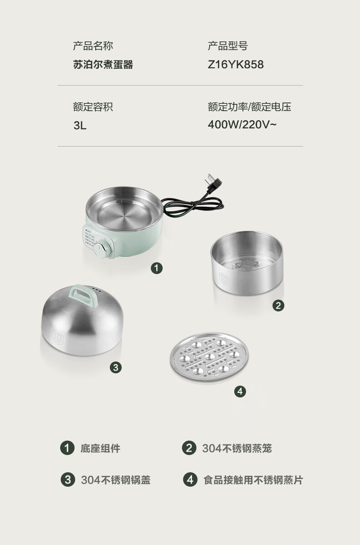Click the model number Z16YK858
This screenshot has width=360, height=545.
point(236,64)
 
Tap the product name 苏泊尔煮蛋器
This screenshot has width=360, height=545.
point(103,64)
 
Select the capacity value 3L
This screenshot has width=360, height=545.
point(80,125)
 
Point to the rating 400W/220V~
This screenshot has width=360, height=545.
point(242,124)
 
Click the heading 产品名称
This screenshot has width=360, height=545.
point(93,46)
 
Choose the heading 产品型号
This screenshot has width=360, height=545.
point(227,46)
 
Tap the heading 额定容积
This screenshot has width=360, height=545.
point(93,107)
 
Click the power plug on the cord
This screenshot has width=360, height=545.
point(212,183)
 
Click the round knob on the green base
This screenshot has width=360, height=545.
point(102,249)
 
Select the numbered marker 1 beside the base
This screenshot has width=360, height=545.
point(156,268)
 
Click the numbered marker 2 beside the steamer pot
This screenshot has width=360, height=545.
point(278,306)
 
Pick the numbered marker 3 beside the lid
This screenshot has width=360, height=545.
point(116,367)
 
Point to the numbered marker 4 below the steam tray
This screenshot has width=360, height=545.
point(240,392)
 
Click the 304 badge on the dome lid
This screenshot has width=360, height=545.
point(58,336)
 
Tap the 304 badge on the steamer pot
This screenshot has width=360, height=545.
point(224,279)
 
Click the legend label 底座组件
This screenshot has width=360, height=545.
point(101,448)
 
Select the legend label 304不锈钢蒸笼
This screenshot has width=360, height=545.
point(237,448)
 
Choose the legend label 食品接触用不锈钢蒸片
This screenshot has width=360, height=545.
point(253,480)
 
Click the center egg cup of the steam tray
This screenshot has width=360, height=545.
point(209,357)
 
